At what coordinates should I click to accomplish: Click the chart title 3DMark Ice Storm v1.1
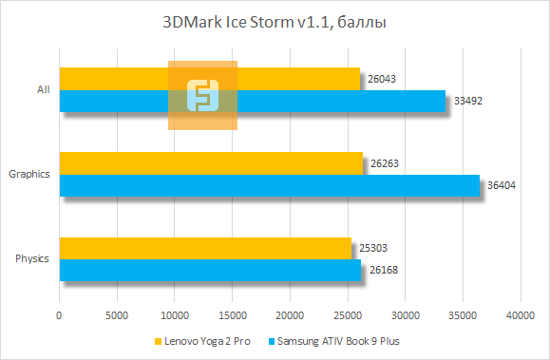click(275, 21)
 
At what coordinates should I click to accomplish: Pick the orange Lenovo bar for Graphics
click(211, 163)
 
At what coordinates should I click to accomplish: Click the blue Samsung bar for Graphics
click(270, 185)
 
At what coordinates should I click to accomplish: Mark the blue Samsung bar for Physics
click(210, 271)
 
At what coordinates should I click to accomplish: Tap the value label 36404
click(501, 185)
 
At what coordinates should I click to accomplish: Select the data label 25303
click(372, 249)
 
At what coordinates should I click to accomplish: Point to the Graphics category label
click(28, 175)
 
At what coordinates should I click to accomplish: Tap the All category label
click(43, 90)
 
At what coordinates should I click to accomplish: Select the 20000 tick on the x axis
click(290, 314)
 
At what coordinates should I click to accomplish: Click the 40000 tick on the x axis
click(520, 314)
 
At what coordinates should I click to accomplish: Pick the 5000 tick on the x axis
click(117, 314)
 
